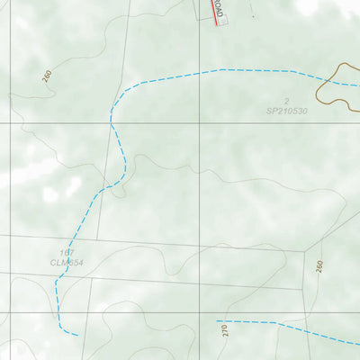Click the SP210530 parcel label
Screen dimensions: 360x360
coord(287,112)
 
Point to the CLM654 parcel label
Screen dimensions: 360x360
coord(67,263)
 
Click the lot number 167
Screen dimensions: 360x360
coord(65,253)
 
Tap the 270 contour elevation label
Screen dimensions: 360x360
coord(225,334)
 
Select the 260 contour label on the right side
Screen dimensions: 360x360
coord(319,267)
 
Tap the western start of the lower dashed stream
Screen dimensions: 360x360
coord(218,320)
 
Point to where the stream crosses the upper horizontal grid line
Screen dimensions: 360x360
coord(112,122)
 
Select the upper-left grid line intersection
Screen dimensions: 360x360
coord(10,123)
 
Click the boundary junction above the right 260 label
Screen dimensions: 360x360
coord(307,251)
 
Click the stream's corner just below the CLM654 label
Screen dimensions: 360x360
coord(56,281)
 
